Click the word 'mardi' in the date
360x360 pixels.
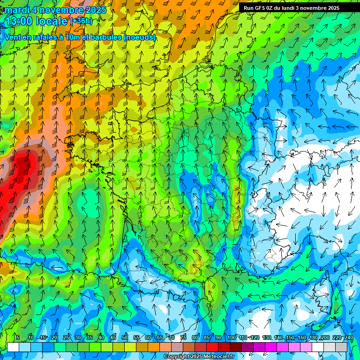(x=16, y=10)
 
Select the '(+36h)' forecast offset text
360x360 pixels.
(x=81, y=21)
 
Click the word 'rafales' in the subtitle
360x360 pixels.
(x=44, y=37)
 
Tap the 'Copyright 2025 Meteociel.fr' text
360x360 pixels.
(x=199, y=357)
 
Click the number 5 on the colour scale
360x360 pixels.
(x=18, y=337)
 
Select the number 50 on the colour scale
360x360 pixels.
(x=125, y=337)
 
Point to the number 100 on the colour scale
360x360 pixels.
(x=231, y=337)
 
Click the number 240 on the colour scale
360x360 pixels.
(x=348, y=337)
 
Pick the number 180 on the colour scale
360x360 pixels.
(x=313, y=337)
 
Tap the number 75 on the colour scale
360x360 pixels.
(x=183, y=337)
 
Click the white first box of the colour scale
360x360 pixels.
(x=13, y=347)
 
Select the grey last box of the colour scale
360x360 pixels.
(x=342, y=347)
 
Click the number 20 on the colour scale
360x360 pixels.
(x=54, y=337)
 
